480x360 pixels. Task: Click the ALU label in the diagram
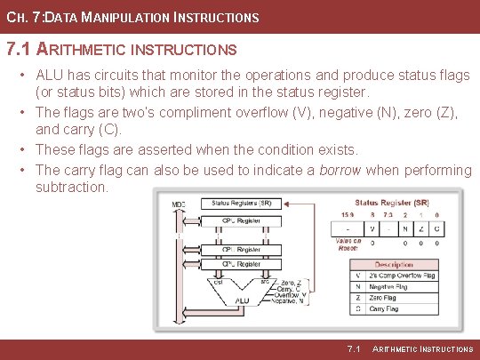coord(243,301)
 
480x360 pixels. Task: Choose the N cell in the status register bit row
coord(405,228)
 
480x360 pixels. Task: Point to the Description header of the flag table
coord(393,264)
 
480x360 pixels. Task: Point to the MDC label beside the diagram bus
coord(179,205)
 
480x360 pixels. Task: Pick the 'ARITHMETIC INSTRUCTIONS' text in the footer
coord(422,349)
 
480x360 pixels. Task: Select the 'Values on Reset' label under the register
coord(348,244)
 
